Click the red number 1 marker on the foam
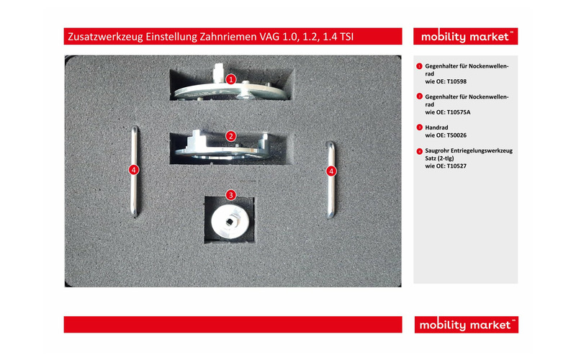tap(230, 79)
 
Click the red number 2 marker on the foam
tap(230, 135)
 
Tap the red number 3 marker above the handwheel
tap(230, 194)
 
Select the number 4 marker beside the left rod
tap(133, 171)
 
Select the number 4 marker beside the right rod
tap(331, 171)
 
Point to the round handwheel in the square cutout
tap(230, 220)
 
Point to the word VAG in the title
tap(269, 37)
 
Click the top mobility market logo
tap(466, 37)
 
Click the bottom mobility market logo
tap(466, 325)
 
